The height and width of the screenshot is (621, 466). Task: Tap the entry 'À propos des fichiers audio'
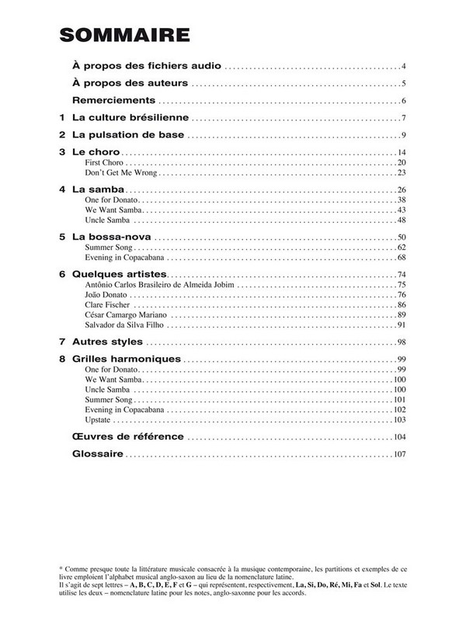(x=147, y=66)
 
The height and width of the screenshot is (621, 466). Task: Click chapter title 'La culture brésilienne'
(x=130, y=118)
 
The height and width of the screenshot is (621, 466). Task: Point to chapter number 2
(x=61, y=135)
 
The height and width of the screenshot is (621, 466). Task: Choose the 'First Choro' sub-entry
(x=104, y=162)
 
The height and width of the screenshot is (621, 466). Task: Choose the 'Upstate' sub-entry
(x=99, y=419)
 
